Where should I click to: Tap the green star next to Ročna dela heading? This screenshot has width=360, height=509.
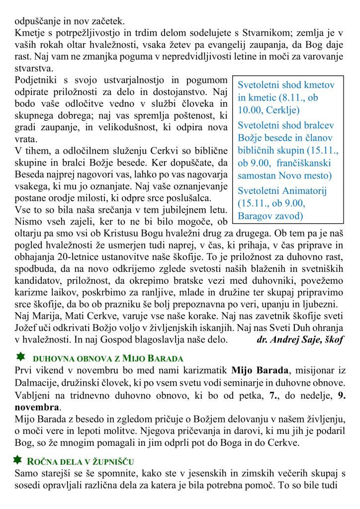pos(18,460)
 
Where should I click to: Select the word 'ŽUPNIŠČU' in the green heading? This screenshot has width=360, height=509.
pos(115,462)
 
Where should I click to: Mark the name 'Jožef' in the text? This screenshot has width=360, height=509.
pos(27,328)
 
